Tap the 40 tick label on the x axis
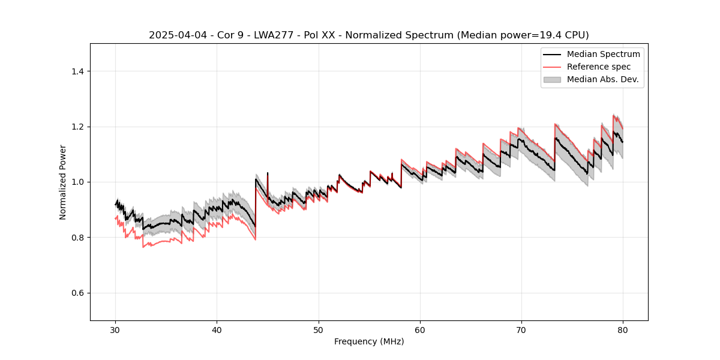[217, 330]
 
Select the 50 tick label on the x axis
[319, 330]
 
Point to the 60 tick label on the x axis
[420, 330]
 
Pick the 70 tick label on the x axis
[521, 330]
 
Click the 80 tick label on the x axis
[623, 330]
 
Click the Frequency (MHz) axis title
[369, 341]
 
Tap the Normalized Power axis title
[63, 182]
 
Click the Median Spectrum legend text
[603, 54]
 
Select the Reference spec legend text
[599, 67]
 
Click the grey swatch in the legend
[552, 79]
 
